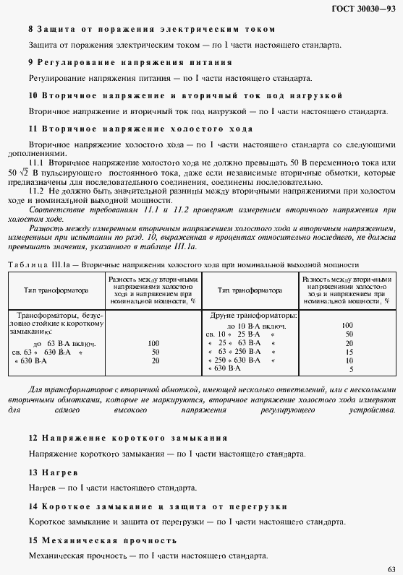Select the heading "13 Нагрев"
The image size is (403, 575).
tap(53, 472)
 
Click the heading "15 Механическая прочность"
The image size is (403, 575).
tap(102, 540)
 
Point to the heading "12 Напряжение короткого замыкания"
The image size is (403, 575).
tap(128, 438)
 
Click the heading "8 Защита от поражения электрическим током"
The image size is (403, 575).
tap(152, 30)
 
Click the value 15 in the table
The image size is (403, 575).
tap(349, 351)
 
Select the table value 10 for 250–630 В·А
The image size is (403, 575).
tap(349, 360)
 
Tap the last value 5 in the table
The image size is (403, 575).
tap(351, 369)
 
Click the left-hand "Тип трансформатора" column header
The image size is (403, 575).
tap(56, 290)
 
